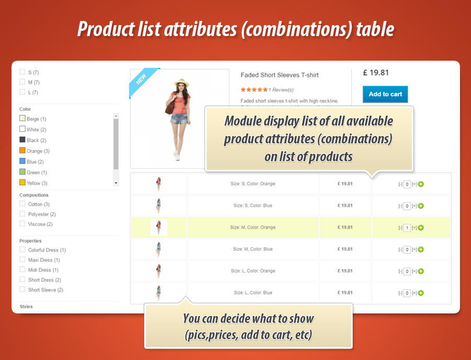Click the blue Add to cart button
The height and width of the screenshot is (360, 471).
coord(385,94)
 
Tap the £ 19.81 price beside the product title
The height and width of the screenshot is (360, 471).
coord(375,73)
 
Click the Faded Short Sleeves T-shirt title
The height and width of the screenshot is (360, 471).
coord(279,75)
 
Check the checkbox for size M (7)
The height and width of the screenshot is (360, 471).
coord(22,82)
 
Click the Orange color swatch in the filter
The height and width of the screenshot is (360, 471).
coord(23,151)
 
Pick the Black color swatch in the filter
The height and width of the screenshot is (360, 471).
coord(23,140)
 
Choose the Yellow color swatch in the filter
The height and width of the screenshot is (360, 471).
coord(23,183)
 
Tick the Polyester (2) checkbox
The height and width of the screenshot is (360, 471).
coord(22,214)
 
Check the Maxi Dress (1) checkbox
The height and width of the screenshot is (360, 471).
coord(22,260)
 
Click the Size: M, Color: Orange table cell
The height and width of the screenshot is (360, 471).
coord(253,228)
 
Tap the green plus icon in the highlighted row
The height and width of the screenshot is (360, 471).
coord(421,228)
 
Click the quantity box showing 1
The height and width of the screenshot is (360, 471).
coord(407,228)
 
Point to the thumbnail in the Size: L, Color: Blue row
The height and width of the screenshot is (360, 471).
coord(159,292)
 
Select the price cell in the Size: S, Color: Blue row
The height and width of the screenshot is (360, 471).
coord(345,206)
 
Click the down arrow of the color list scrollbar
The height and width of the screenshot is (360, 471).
coord(116,183)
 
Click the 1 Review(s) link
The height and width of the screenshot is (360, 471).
coord(281,89)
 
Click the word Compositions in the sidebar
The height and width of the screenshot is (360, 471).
coord(34,195)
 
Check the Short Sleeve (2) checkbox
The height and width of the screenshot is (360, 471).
coord(22,289)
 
